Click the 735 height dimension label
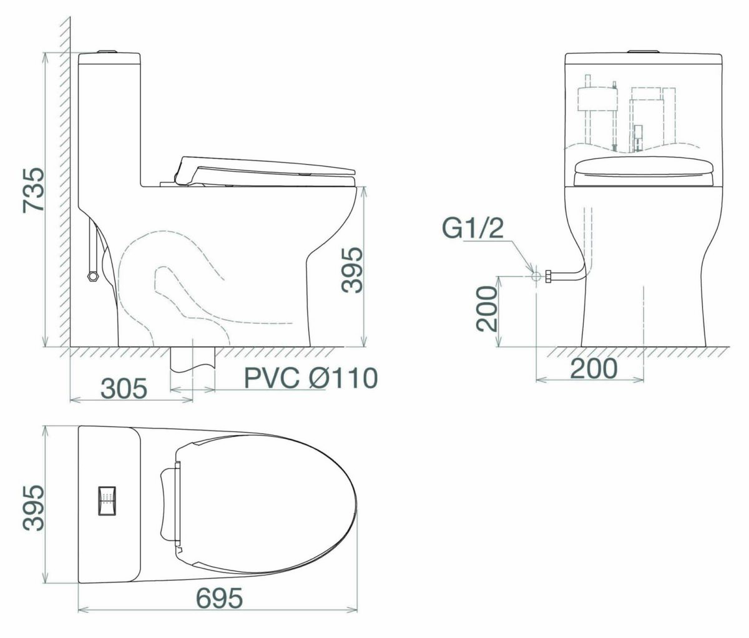tap(34, 190)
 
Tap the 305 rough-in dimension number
tap(124, 388)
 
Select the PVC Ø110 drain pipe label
tap(311, 378)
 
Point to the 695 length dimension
tap(219, 598)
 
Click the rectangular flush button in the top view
tap(107, 500)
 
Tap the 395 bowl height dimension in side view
tap(352, 270)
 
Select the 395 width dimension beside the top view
tap(33, 508)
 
